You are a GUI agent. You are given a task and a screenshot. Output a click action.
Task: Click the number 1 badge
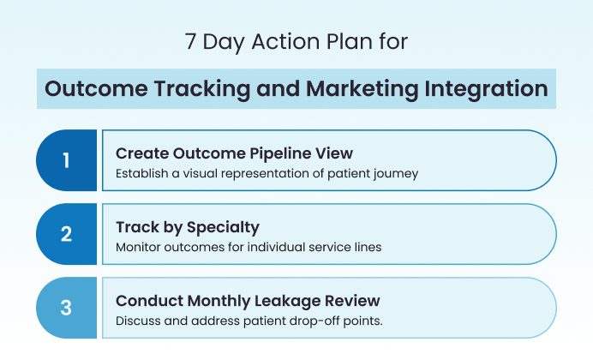coord(67,160)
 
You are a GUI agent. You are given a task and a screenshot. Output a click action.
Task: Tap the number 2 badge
coord(67,234)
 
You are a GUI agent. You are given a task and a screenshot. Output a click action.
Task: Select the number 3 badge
coord(67,308)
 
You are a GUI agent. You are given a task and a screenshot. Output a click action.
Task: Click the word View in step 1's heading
coord(336,153)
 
